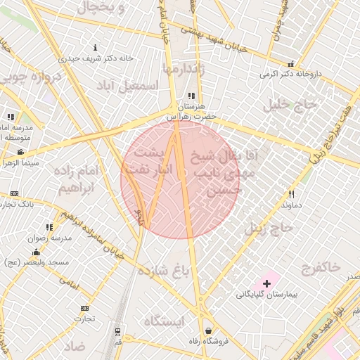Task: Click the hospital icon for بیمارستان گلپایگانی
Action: click(x=266, y=283)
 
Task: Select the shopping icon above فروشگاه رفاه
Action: click(x=208, y=330)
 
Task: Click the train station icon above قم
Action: click(x=117, y=331)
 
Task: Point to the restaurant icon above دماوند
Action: click(x=291, y=194)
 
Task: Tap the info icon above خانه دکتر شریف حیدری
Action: click(x=96, y=48)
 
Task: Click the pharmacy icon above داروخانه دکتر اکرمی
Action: click(x=291, y=63)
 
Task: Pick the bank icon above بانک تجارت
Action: click(x=14, y=193)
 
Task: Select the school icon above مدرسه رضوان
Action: click(x=49, y=227)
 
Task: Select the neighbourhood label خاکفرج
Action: click(x=320, y=267)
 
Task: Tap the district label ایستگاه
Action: click(x=163, y=321)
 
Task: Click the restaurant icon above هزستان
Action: click(x=191, y=95)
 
